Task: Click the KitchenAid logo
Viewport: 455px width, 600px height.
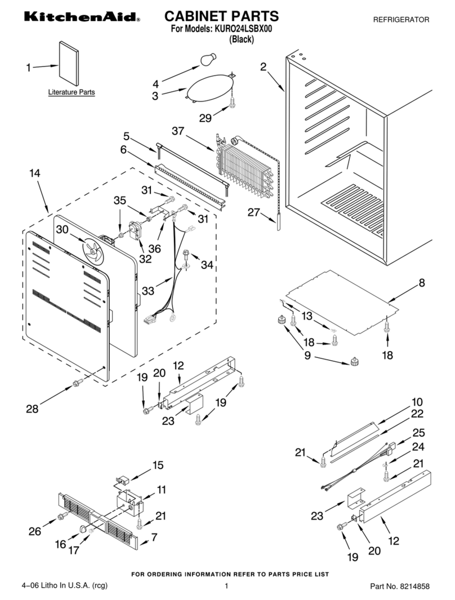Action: coord(82,16)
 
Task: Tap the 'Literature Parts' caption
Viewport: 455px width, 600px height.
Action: coord(72,92)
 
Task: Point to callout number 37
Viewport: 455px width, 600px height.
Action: coord(178,131)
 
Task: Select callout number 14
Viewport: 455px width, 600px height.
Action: coord(35,173)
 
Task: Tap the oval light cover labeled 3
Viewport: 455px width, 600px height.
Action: coord(209,88)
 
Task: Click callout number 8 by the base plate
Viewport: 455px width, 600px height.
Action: coord(421,283)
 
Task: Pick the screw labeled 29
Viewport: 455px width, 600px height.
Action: coord(232,102)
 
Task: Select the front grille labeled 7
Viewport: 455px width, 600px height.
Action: coord(98,520)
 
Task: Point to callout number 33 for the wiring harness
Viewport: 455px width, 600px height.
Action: coord(148,291)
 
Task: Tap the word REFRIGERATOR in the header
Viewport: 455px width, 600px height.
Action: coord(401,20)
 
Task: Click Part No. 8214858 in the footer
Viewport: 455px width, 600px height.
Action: coord(399,586)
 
